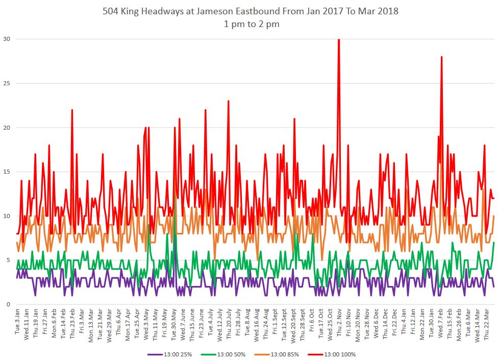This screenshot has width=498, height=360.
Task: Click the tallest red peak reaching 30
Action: click(x=339, y=40)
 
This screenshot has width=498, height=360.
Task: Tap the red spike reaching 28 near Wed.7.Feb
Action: click(x=441, y=57)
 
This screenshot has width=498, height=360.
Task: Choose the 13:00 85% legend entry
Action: click(x=283, y=354)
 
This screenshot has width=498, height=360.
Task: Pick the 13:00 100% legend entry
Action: click(x=338, y=354)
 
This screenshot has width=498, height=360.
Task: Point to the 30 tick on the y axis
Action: click(x=7, y=39)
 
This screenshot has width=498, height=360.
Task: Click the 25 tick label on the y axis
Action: click(x=7, y=83)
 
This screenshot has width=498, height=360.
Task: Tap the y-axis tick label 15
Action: click(x=7, y=172)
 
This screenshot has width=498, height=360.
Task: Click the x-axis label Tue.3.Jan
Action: click(x=17, y=322)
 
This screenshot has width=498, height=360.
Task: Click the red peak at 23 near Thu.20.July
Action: click(x=229, y=101)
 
